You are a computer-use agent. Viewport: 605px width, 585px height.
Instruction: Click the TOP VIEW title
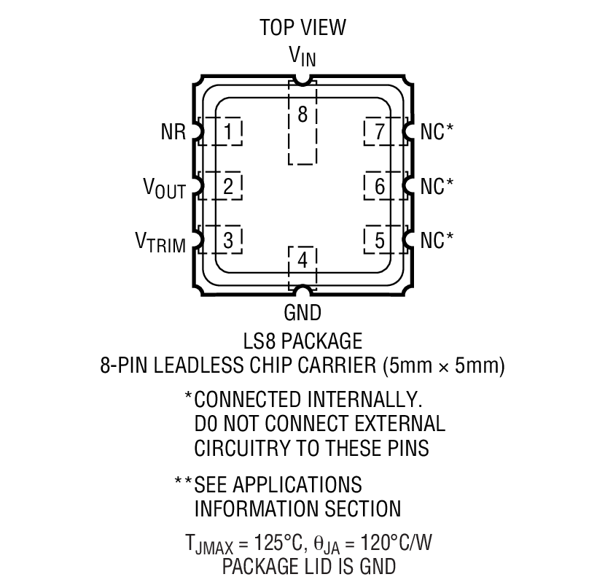point(303,28)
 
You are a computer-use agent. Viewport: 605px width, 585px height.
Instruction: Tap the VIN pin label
point(303,56)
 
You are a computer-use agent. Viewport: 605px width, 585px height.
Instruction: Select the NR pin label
point(173,132)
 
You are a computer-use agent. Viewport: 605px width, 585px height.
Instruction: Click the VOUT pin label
point(164,188)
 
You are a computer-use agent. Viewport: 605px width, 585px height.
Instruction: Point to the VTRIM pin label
point(160,242)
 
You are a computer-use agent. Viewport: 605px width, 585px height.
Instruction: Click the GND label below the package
point(302,312)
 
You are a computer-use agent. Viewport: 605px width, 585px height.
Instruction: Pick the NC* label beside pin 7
point(437,132)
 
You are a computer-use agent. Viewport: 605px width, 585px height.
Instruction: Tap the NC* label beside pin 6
point(437,186)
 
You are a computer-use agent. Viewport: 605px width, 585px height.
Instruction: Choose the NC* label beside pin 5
point(437,240)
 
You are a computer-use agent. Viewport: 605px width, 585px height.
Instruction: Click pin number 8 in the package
point(303,115)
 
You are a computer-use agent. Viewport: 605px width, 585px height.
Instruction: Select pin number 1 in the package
point(228,132)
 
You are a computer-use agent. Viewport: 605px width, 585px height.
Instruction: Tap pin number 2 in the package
point(228,186)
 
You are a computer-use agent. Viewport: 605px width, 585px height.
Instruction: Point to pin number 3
point(228,240)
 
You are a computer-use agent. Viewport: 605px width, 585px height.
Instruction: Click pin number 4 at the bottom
point(303,260)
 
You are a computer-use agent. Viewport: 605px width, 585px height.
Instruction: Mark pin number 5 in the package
point(380,240)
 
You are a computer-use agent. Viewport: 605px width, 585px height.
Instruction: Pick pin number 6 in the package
point(380,186)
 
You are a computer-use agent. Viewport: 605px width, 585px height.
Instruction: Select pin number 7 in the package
point(380,132)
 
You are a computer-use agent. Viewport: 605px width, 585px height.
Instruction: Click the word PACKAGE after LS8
point(321,341)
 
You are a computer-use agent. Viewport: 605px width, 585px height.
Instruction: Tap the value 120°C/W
point(397,543)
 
